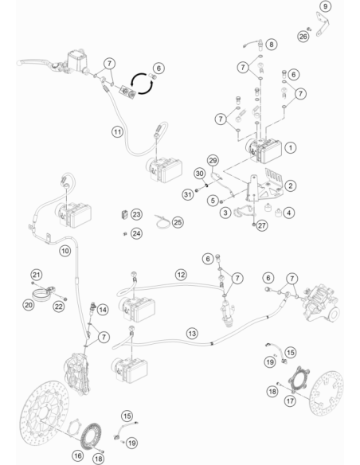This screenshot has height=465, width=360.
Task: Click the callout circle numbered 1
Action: click(291, 147)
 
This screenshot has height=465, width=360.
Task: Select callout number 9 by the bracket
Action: click(325, 6)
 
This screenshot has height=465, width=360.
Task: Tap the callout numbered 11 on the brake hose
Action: click(117, 131)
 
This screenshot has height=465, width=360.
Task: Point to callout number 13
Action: click(192, 334)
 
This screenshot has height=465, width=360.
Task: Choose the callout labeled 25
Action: click(178, 222)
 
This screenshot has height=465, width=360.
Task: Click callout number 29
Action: click(213, 160)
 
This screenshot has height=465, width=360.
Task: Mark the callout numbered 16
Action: click(78, 455)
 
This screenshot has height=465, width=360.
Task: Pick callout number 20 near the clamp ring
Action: click(29, 305)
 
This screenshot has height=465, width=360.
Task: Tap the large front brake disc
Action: click(45, 412)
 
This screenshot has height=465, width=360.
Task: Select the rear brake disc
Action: click(327, 393)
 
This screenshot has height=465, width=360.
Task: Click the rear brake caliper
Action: click(319, 303)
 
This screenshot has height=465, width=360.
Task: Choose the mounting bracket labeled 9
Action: click(322, 24)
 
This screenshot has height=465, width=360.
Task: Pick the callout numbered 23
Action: click(136, 214)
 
